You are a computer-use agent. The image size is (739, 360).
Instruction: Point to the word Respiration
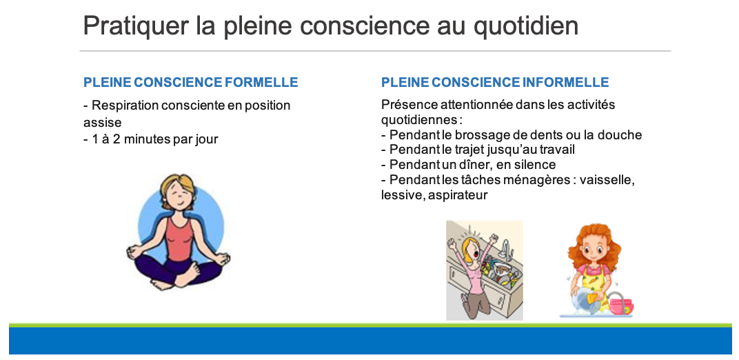click(125, 106)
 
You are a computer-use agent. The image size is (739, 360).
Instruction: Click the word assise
click(102, 123)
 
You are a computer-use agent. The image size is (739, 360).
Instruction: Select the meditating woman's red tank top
click(179, 239)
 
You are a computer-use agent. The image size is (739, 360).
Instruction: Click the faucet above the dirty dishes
click(505, 250)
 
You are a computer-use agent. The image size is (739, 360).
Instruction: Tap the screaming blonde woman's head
click(472, 250)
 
